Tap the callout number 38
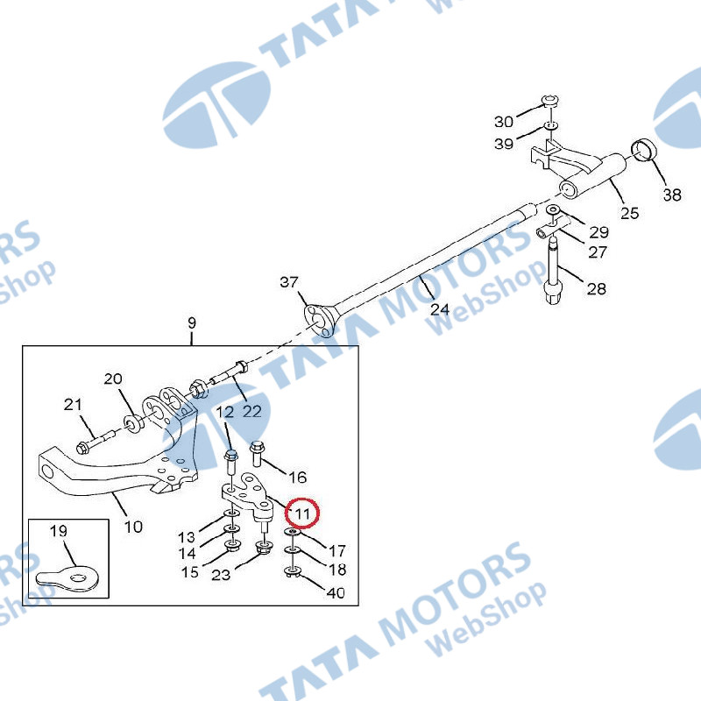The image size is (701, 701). click(x=672, y=195)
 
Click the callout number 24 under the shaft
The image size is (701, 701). click(x=440, y=309)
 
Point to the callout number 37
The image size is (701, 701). click(x=289, y=282)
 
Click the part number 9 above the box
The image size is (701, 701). click(x=192, y=322)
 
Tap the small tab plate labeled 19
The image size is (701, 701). click(x=67, y=577)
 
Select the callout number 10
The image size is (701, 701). click(x=133, y=527)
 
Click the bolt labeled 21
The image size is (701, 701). click(x=99, y=439)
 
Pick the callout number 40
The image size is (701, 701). click(x=336, y=593)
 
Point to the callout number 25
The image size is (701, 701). click(x=629, y=213)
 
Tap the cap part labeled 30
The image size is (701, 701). click(x=550, y=101)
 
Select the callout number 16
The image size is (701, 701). click(x=298, y=478)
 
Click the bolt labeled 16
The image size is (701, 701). click(x=256, y=452)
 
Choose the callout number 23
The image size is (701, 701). click(x=221, y=575)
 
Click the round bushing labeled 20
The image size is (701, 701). click(x=133, y=423)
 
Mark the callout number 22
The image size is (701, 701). click(x=251, y=411)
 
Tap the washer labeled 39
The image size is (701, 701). click(x=551, y=126)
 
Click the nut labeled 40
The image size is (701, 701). click(x=293, y=571)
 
